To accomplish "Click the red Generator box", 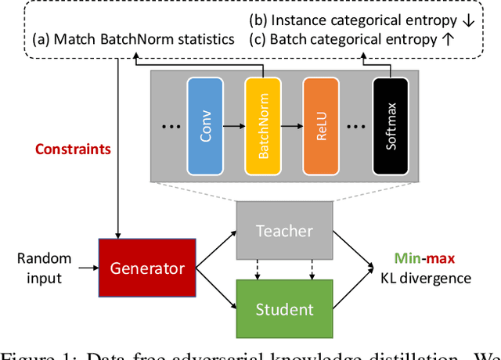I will click(147, 268).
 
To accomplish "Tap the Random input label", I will click(45, 267).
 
